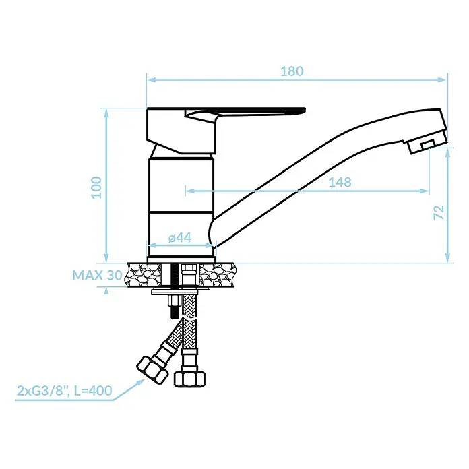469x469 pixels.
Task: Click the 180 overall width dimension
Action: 292,71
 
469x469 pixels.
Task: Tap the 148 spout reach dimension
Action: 340,182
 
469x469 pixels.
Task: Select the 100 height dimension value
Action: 96,187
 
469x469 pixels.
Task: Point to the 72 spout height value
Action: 439,212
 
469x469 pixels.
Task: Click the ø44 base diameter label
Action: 180,238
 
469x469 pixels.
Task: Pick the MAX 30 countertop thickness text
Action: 97,275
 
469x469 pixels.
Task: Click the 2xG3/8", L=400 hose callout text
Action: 64,391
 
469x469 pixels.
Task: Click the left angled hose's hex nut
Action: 152,370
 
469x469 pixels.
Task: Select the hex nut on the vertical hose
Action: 189,379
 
